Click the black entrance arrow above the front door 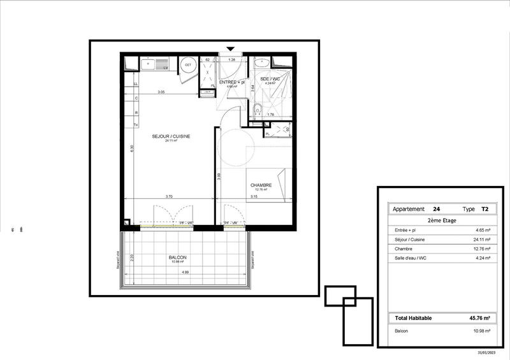pyautogui.click(x=230, y=48)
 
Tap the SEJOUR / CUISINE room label pyautogui.click(x=171, y=136)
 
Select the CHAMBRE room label pyautogui.click(x=261, y=185)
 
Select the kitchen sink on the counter pyautogui.click(x=149, y=64)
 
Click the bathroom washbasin pyautogui.click(x=261, y=63)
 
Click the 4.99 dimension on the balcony pyautogui.click(x=184, y=273)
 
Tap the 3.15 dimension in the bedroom pyautogui.click(x=254, y=197)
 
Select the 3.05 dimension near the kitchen pyautogui.click(x=162, y=92)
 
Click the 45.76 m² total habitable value pyautogui.click(x=479, y=317)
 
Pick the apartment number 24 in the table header pyautogui.click(x=436, y=209)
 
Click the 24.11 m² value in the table pyautogui.click(x=479, y=239)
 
